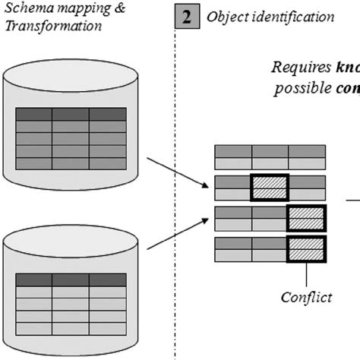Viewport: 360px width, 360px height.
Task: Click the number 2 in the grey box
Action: coord(186,16)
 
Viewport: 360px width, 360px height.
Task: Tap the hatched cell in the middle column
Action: coord(270,187)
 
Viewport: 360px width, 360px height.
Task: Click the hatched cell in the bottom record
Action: coord(306,248)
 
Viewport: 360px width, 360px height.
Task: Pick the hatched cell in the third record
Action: coord(306,217)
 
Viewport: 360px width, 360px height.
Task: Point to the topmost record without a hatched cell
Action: coord(270,156)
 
